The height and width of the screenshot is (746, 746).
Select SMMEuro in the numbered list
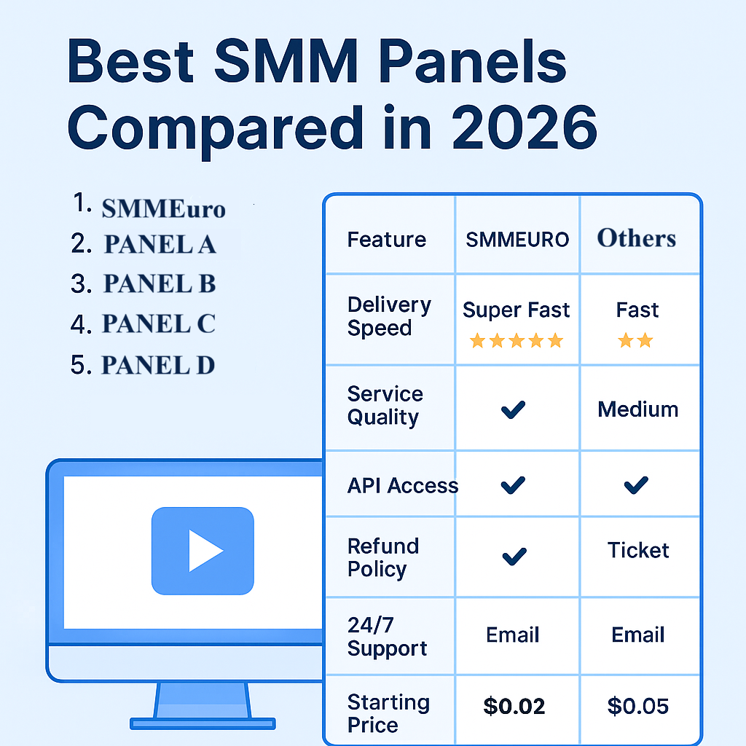pos(163,209)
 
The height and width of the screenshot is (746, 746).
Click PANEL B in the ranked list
pos(159,284)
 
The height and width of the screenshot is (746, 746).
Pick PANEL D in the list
pos(157,364)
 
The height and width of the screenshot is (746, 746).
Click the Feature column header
pos(386,240)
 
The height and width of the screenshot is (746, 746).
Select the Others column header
pos(637,238)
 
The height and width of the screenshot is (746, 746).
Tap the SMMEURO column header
pos(517,240)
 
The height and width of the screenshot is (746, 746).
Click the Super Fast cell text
pos(516,310)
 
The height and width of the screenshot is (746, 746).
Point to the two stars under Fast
pos(635,340)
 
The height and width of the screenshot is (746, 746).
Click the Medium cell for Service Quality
pos(637,409)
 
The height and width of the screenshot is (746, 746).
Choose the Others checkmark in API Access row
pos(637,484)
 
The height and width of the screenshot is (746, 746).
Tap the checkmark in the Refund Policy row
pos(514,557)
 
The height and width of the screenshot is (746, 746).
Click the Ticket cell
pos(638,550)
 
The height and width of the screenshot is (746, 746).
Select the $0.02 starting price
pos(514,706)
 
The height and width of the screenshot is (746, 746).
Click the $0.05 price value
pos(638,706)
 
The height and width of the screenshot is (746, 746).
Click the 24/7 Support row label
pos(387,637)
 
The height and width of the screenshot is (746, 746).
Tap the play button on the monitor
pos(203,551)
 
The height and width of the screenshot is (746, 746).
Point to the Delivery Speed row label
pos(389,316)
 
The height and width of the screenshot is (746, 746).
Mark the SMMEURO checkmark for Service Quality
pos(514,410)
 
